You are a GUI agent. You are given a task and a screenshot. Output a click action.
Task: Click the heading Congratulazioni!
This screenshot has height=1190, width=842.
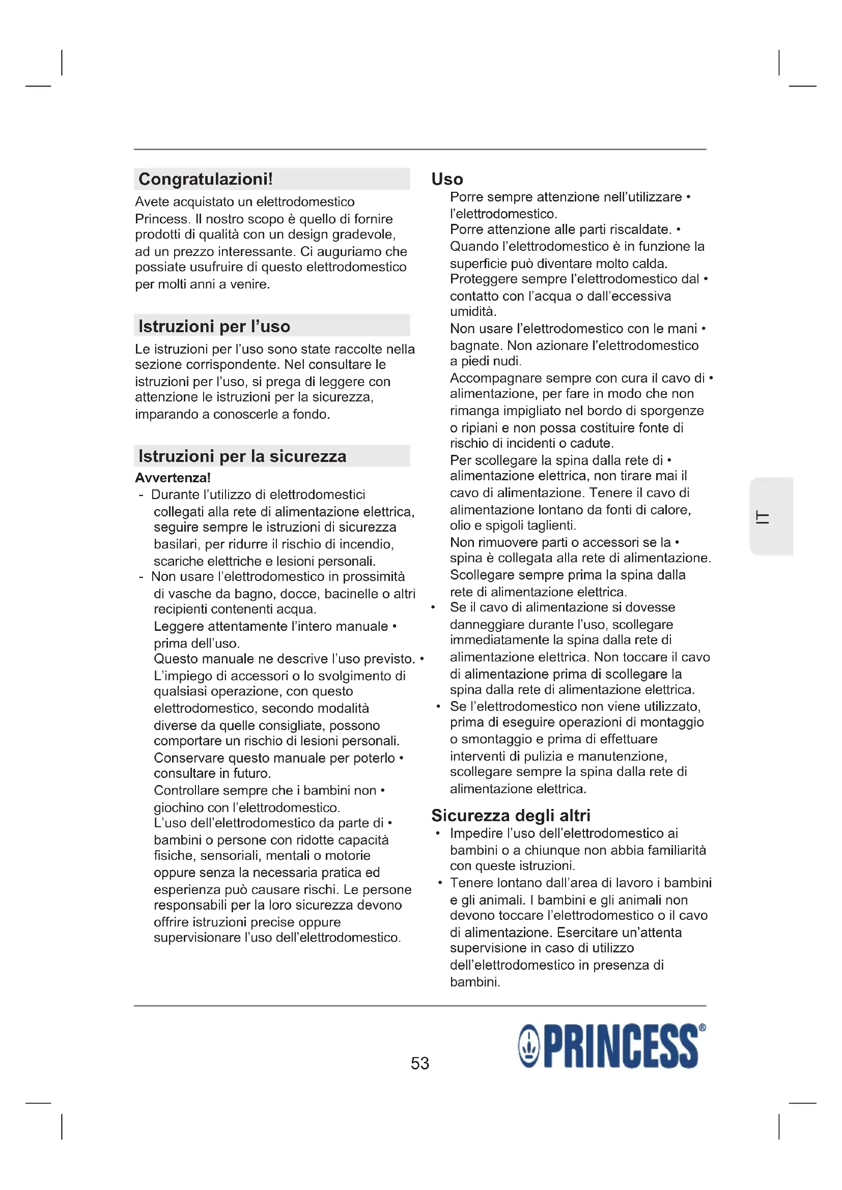pyautogui.click(x=205, y=179)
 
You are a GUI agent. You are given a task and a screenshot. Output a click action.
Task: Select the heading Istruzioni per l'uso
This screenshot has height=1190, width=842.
pyautogui.click(x=214, y=327)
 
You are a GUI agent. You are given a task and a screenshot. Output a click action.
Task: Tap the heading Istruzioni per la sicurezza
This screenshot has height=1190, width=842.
pyautogui.click(x=242, y=456)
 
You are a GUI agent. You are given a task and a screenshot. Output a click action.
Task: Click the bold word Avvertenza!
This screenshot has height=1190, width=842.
pyautogui.click(x=173, y=478)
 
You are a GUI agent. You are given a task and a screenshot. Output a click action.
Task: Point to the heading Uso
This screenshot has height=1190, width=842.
pyautogui.click(x=447, y=179)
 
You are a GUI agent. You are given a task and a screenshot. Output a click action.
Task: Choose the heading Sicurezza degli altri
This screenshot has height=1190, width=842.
pyautogui.click(x=511, y=815)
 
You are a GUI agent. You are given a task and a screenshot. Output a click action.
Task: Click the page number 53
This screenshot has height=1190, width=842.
pyautogui.click(x=420, y=1063)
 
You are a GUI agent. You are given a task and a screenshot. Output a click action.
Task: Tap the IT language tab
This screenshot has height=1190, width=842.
pyautogui.click(x=763, y=517)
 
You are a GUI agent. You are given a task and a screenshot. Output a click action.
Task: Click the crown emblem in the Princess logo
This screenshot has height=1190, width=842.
pyautogui.click(x=529, y=1047)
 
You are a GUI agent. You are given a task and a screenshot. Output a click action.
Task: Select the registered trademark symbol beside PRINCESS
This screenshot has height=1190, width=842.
pyautogui.click(x=702, y=1027)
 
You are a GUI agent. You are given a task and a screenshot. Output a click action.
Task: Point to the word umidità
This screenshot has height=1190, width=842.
pyautogui.click(x=472, y=312)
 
